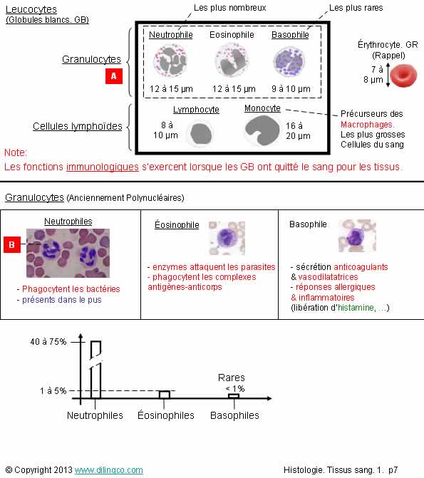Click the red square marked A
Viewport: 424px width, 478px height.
(x=114, y=76)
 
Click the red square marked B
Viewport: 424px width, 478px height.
(x=12, y=244)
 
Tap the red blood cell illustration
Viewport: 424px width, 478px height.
(x=403, y=76)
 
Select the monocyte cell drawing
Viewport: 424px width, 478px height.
(x=262, y=130)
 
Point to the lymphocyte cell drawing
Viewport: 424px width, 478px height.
(x=201, y=133)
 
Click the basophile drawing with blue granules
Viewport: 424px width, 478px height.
(x=289, y=61)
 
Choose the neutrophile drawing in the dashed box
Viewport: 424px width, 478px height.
(x=170, y=61)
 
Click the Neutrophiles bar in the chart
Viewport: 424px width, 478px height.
(x=95, y=370)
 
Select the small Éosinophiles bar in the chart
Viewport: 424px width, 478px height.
(x=165, y=395)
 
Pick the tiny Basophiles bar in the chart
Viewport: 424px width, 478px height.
(x=234, y=396)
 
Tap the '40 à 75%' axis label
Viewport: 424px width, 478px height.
(x=48, y=342)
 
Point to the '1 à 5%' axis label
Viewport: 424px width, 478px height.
(x=53, y=391)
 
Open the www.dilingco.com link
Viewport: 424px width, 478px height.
(x=108, y=470)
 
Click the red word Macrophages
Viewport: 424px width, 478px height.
(x=367, y=125)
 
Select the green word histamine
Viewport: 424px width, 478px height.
(x=356, y=308)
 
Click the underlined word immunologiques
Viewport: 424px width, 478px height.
(x=103, y=167)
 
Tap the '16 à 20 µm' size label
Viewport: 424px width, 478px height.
(x=298, y=131)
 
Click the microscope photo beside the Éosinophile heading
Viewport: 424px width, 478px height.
(x=227, y=238)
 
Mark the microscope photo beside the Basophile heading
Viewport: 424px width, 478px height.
(x=357, y=236)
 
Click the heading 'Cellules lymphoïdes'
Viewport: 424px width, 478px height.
(x=78, y=126)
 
